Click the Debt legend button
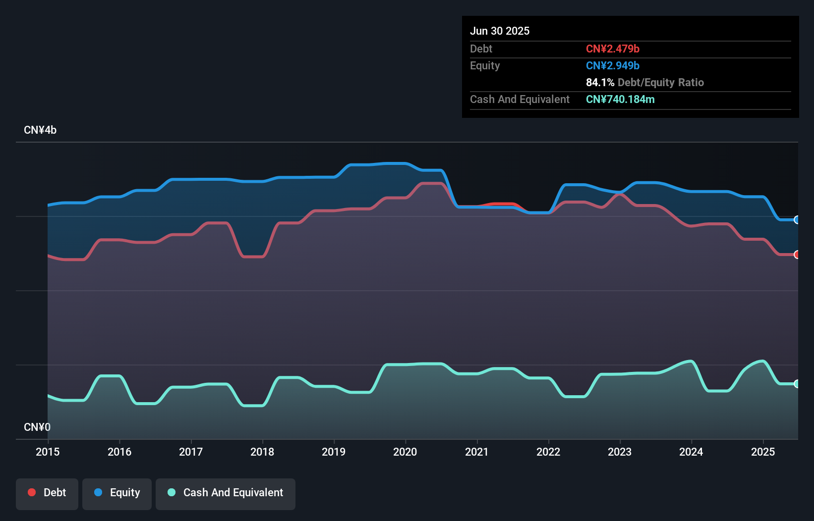[x=47, y=493]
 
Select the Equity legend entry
[x=117, y=493]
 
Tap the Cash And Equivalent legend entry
[x=226, y=493]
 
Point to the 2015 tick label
[x=48, y=452]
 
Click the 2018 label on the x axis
[x=262, y=452]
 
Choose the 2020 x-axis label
[x=405, y=452]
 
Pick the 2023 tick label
[x=620, y=452]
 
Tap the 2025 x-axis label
[x=762, y=452]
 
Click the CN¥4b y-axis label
[x=40, y=130]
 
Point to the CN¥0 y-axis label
[x=37, y=427]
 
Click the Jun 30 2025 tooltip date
[x=500, y=31]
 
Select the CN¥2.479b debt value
[x=613, y=49]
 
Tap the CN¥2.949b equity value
[x=613, y=65]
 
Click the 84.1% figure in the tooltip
[x=600, y=82]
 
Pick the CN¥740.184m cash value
[x=620, y=99]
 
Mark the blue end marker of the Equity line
[x=797, y=220]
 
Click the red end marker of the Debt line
[x=797, y=255]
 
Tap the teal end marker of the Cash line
[x=797, y=384]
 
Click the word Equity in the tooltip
[x=485, y=65]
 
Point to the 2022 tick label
[x=548, y=452]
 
